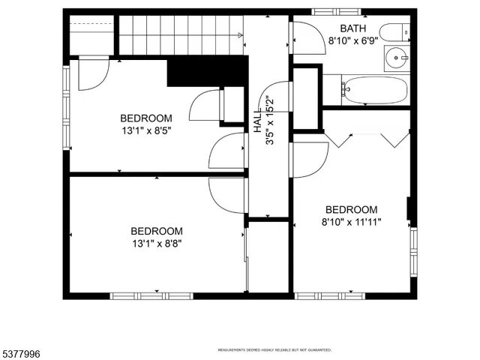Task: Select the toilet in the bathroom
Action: click(394, 32)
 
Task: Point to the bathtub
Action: click(375, 91)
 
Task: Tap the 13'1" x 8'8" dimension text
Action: click(156, 244)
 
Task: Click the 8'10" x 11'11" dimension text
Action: click(350, 222)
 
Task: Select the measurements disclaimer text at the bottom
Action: click(274, 349)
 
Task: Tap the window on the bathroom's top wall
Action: click(335, 11)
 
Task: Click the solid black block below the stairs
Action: click(207, 72)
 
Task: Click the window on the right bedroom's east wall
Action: click(413, 252)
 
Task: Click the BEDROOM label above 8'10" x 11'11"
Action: click(350, 209)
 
